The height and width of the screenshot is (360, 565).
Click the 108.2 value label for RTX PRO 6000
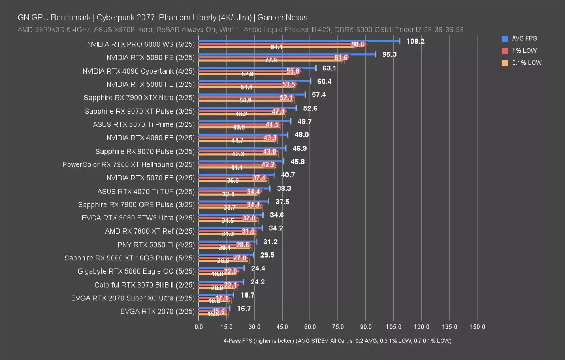[x=415, y=41]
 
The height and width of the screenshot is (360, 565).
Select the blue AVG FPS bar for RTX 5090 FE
[x=287, y=54]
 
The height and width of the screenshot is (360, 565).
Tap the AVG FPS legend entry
[x=524, y=38]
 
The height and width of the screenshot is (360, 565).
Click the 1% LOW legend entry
[x=524, y=51]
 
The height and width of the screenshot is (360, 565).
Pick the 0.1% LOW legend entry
[x=526, y=63]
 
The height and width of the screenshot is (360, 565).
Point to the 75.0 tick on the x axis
[x=338, y=327]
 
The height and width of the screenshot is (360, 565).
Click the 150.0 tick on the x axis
[x=477, y=327]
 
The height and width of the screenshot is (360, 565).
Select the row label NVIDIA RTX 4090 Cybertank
[x=138, y=71]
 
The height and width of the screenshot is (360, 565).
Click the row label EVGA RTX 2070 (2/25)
[x=157, y=311]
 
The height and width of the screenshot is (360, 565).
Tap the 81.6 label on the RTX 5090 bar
[x=341, y=58]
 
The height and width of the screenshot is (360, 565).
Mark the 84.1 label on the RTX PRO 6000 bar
[x=276, y=47]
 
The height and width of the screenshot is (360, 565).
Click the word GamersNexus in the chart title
[x=282, y=18]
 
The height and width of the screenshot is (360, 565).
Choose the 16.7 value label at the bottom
[x=244, y=308]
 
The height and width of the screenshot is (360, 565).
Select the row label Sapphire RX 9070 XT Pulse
[x=140, y=111]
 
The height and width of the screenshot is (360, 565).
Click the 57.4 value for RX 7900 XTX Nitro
[x=319, y=95]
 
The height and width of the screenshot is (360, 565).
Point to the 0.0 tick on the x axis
[x=199, y=327]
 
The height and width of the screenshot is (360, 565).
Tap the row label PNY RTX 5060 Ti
[x=156, y=245]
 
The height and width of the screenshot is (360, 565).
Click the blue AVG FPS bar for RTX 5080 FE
[x=254, y=81]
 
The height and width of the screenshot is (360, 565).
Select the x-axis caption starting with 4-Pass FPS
[x=337, y=341]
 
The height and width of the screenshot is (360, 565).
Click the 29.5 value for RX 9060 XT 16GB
[x=267, y=255]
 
